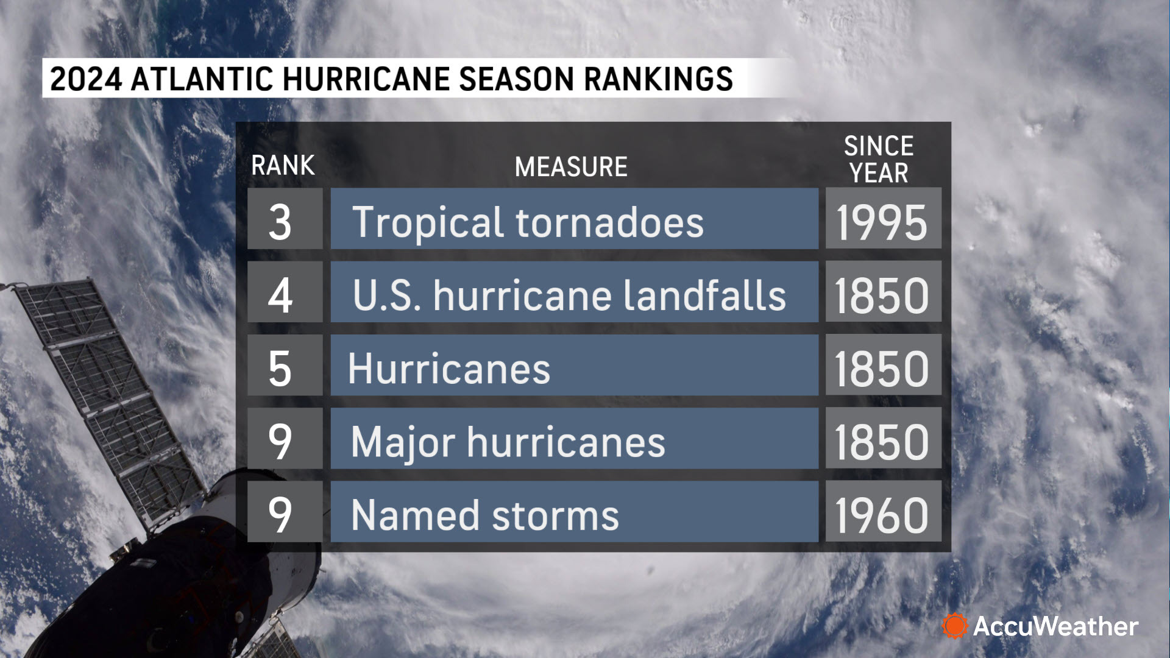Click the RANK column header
283,166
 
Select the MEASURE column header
571,167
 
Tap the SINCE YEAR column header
879,160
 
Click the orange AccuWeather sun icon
954,626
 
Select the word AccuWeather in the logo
1055,626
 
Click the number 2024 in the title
86,79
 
